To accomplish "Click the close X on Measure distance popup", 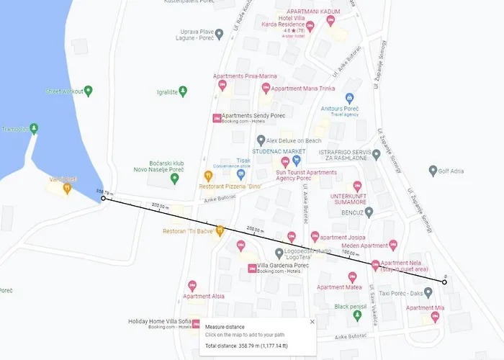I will point(312,322).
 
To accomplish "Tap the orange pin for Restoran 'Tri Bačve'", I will point(220,230).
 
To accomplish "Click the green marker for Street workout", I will point(89,91).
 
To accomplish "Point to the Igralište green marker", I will point(183,91).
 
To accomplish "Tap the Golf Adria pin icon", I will point(433,171).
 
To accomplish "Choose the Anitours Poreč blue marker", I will point(349,99).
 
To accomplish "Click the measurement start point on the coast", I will point(103,198).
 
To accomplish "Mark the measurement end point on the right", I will point(445,282).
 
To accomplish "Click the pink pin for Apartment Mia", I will point(435,316).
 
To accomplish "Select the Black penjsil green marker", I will point(358,315).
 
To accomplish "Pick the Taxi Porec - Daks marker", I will point(428,293).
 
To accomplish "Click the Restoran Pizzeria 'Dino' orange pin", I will point(209,175).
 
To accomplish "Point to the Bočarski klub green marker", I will point(174,178).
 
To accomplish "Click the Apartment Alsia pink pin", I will point(192,286).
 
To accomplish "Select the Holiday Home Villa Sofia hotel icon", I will point(196,323).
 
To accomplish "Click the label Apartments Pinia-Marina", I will point(244,76).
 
